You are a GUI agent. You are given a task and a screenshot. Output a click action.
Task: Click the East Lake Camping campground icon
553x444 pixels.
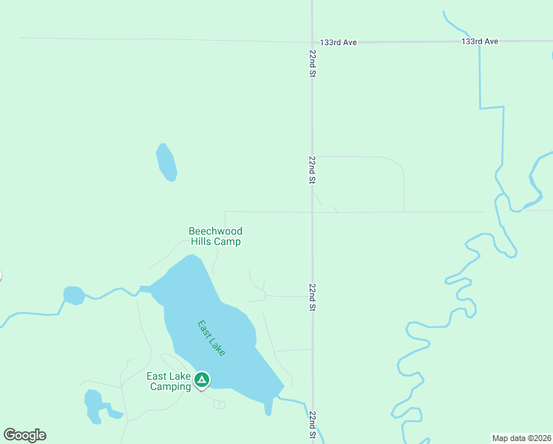201,380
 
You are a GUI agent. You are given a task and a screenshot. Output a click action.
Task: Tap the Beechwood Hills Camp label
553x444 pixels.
215,236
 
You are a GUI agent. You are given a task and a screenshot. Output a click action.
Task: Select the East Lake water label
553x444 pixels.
211,338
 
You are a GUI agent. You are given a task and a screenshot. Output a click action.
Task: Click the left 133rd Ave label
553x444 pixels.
339,43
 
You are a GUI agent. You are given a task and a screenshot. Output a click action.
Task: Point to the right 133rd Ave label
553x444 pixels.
480,41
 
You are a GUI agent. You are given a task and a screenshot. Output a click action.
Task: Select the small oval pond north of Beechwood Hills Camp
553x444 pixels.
166,162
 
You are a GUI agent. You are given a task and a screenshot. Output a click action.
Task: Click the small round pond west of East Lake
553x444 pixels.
73,295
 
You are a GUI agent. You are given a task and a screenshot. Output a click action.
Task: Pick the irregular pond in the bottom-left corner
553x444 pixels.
94,406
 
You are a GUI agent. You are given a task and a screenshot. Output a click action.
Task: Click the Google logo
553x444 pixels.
24,435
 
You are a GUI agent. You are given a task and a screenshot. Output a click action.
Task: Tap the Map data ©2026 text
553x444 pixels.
521,438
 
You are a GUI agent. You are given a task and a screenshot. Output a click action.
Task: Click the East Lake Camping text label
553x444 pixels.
169,381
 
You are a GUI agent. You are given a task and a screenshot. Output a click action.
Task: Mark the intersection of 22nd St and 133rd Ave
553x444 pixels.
312,41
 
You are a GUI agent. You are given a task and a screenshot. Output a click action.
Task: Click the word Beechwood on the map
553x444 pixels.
215,232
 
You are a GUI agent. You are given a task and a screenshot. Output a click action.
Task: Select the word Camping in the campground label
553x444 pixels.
171,386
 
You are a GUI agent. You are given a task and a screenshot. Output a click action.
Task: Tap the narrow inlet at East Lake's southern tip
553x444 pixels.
268,406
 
